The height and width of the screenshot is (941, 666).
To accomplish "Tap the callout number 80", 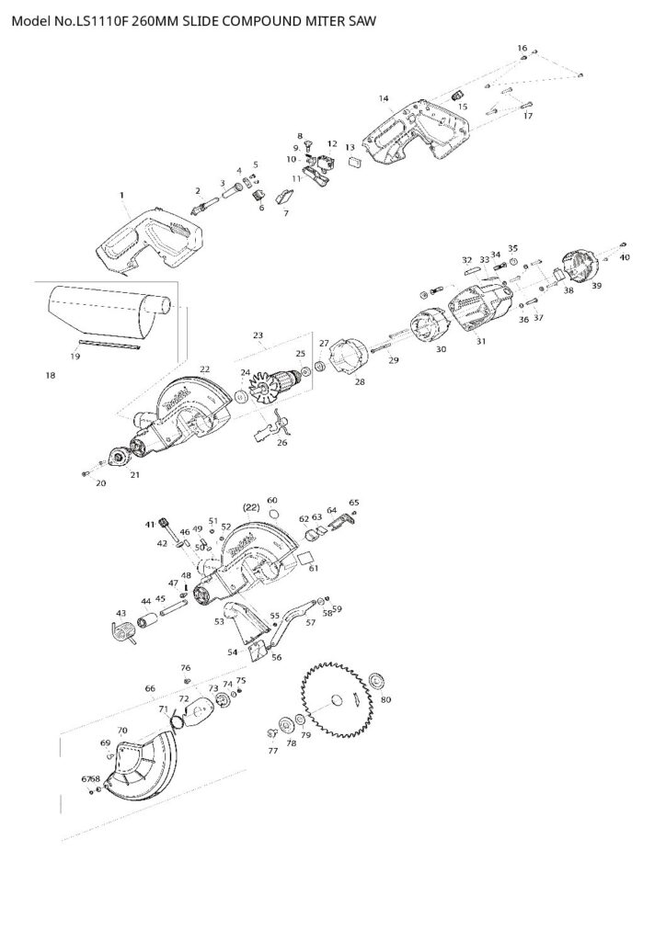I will click(385, 699).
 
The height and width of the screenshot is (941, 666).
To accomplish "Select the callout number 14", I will click(384, 98).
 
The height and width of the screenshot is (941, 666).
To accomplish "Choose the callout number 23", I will click(258, 335).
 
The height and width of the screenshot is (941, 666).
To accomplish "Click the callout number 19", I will click(74, 354).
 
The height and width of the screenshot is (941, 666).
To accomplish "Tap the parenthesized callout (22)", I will click(250, 506).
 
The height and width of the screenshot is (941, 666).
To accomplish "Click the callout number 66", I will click(150, 687).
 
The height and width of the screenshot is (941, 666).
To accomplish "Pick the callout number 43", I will click(121, 613).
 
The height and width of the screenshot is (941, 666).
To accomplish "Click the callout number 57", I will click(311, 622).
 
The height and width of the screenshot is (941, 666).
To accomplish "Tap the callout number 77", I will click(272, 751).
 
